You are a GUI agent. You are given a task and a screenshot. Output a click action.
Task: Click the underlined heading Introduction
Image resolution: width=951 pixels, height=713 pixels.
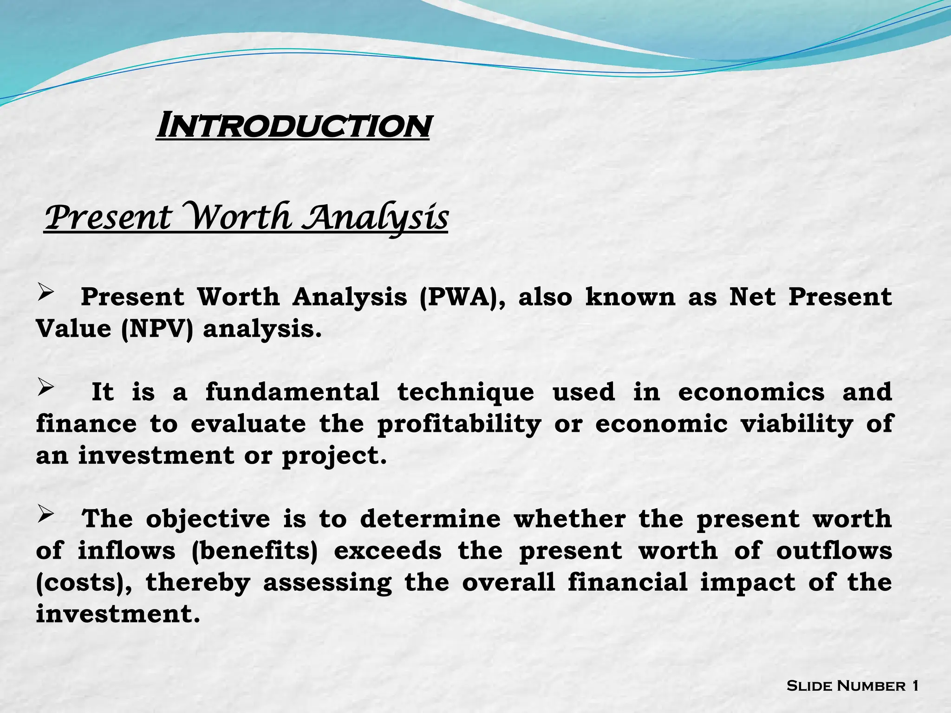click(293, 126)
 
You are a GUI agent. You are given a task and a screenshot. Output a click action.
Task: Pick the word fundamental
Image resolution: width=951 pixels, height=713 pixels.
click(292, 392)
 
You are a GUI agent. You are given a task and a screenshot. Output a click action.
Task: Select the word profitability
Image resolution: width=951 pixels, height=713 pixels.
click(459, 424)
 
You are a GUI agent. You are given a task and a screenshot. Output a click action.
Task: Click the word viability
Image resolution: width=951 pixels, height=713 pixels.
click(797, 424)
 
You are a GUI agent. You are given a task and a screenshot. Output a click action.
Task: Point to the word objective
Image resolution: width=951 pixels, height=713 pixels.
click(208, 519)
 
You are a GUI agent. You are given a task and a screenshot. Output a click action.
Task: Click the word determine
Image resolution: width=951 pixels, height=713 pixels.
click(430, 519)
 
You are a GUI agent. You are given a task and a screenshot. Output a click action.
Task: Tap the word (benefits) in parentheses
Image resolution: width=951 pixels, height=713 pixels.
click(254, 551)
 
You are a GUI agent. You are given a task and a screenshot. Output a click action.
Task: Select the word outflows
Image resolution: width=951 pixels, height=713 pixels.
click(834, 551)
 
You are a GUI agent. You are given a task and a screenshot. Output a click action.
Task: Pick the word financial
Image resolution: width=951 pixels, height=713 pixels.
click(628, 583)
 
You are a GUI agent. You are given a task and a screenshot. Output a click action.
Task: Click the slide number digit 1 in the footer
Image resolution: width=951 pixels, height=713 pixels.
click(915, 686)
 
